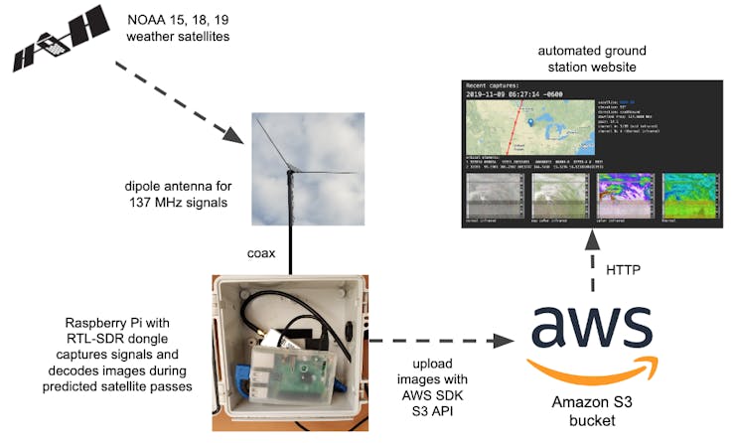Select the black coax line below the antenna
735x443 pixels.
(x=291, y=249)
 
